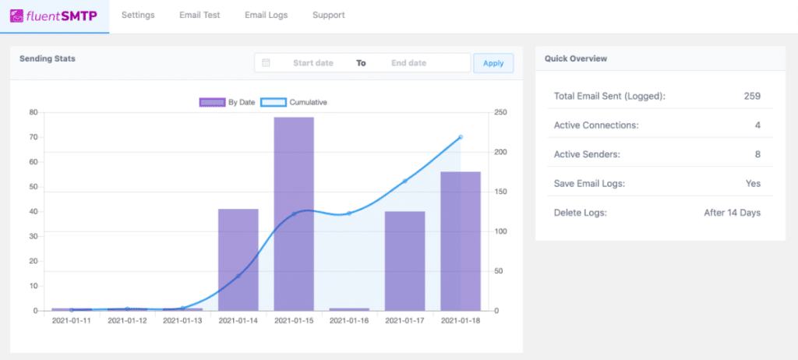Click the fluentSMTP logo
click(55, 16)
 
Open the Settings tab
click(138, 15)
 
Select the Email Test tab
click(199, 15)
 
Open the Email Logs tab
click(267, 15)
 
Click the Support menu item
click(328, 15)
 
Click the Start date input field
click(312, 63)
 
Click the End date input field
click(408, 63)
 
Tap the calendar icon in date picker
click(266, 63)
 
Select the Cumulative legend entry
click(293, 102)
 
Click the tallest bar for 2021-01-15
click(294, 214)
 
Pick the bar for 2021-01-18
click(461, 241)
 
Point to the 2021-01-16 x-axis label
click(349, 320)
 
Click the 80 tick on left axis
click(33, 112)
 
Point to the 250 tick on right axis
click(501, 112)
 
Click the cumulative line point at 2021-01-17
click(405, 181)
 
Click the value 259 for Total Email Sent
click(751, 97)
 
